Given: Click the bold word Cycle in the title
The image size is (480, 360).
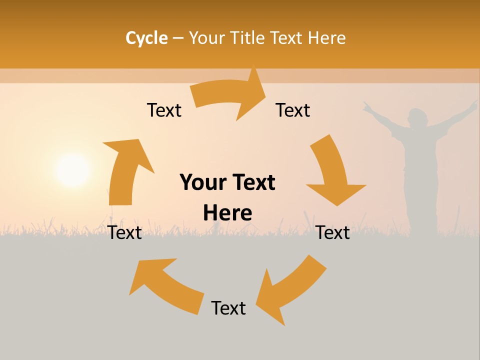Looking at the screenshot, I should point(146,38).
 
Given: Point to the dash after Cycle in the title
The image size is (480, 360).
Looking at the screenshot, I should point(178,38).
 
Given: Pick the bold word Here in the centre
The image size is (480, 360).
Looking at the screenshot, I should point(227,213).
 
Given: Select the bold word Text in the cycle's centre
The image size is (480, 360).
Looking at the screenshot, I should point(251,182).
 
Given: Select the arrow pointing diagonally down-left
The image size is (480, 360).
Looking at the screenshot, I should point(290,290).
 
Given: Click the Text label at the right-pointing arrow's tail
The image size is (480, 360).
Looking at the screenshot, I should point(164,110).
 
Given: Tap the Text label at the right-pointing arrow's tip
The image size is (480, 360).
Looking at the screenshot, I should point(293,110).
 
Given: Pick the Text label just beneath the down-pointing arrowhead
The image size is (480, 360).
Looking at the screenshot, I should point(333,233).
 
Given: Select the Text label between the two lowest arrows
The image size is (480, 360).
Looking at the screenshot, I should point(228,308).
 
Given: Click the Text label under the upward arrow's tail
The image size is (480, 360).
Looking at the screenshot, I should point(125,233).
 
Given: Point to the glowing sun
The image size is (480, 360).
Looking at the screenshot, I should point(72,170).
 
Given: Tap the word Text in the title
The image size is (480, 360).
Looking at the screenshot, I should point(290,38).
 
